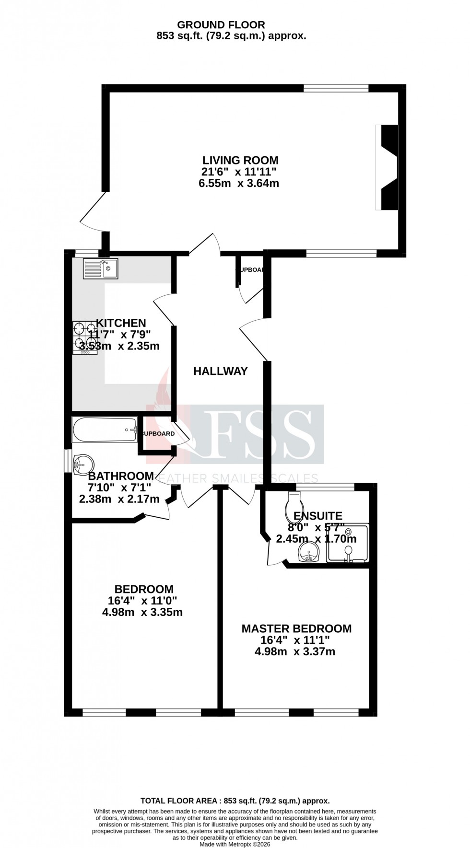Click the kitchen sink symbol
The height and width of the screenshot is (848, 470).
click(x=100, y=268)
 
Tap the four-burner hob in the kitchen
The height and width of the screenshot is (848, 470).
click(x=85, y=338)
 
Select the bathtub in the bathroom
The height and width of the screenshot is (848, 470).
click(x=105, y=430)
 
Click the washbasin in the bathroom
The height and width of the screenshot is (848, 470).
click(x=83, y=465)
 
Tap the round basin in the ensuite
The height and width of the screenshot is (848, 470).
click(x=309, y=552)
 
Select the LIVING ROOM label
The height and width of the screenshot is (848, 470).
click(x=240, y=160)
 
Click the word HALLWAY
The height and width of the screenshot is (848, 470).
click(x=221, y=371)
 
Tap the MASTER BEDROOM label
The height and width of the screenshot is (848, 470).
click(x=296, y=628)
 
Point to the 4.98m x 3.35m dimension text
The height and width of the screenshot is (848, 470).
click(x=142, y=612)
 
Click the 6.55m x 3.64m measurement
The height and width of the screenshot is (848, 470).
click(x=239, y=183)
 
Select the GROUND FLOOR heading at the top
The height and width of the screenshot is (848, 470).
click(x=221, y=25)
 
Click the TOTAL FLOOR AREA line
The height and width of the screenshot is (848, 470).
click(x=235, y=801)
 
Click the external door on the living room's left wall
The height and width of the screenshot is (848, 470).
click(x=92, y=213)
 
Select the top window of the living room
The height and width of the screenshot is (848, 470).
click(x=336, y=88)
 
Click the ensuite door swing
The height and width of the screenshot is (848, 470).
click(x=274, y=551)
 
